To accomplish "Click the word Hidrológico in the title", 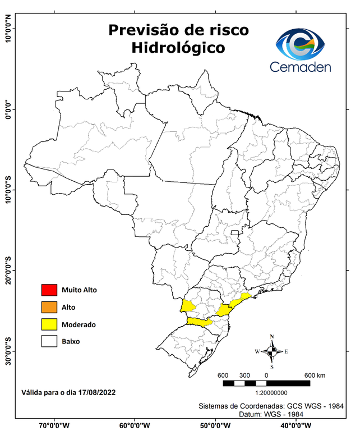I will coord(178,48).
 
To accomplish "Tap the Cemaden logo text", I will coord(301,67).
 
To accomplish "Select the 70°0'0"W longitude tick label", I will coord(54,425).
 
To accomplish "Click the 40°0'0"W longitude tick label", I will coord(297,425).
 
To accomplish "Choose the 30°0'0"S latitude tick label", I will coord(8,351).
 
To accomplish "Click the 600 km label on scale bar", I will coord(314,375).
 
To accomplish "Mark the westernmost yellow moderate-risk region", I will coord(187,306).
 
